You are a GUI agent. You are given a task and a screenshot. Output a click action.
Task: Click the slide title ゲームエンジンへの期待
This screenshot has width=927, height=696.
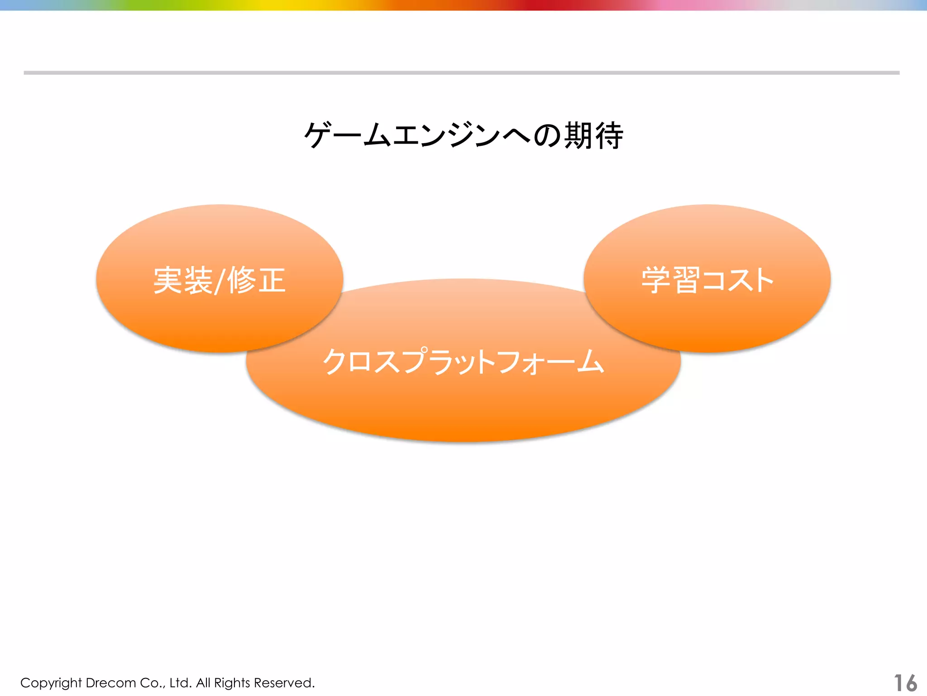pyautogui.click(x=463, y=135)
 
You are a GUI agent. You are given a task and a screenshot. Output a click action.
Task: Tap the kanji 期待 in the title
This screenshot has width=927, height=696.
pyautogui.click(x=593, y=135)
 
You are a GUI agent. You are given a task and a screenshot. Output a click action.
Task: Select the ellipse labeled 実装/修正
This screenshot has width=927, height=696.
pyautogui.click(x=220, y=313)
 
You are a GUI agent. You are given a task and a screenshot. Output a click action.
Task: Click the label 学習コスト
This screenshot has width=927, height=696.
pyautogui.click(x=707, y=280)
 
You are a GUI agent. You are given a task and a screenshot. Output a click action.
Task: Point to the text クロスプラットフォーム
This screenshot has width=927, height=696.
pyautogui.click(x=463, y=362)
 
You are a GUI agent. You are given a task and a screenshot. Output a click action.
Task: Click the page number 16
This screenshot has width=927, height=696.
pyautogui.click(x=905, y=683)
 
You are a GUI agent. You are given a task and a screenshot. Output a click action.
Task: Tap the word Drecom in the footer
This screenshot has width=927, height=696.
pyautogui.click(x=110, y=683)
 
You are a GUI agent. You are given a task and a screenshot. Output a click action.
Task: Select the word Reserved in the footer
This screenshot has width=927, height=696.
pyautogui.click(x=284, y=683)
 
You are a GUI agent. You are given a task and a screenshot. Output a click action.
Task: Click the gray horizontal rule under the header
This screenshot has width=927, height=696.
pyautogui.click(x=462, y=72)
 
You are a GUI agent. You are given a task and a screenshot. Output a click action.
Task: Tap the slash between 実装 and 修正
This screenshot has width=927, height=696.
pyautogui.click(x=219, y=281)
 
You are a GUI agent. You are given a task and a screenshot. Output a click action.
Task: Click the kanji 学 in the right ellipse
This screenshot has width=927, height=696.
pyautogui.click(x=655, y=280)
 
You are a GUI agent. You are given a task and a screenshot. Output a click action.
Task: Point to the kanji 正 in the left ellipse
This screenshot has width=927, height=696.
pyautogui.click(x=272, y=280)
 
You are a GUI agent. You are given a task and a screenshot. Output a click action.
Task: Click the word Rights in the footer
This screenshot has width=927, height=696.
pyautogui.click(x=232, y=683)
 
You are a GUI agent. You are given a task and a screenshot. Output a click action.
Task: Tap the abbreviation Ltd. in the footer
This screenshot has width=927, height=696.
pyautogui.click(x=181, y=683)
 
